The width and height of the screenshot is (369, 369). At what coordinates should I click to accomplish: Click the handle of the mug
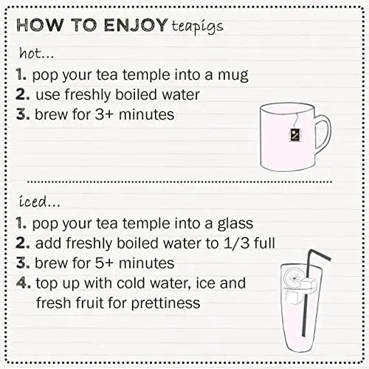tap(322, 134)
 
